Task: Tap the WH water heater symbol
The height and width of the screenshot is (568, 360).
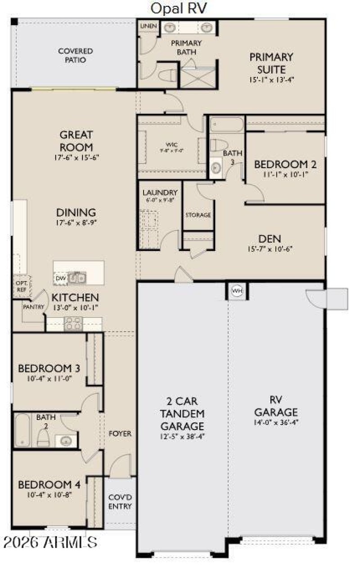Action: [x=237, y=291]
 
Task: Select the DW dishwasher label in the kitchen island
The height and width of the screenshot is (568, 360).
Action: [x=61, y=279]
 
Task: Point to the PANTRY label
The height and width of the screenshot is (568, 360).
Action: [x=34, y=307]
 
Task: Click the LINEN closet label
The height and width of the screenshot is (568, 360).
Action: [x=148, y=27]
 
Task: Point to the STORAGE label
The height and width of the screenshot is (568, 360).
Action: [x=198, y=215]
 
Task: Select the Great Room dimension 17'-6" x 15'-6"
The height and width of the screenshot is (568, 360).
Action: [x=76, y=158]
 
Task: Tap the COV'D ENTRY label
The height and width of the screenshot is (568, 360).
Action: [x=120, y=502]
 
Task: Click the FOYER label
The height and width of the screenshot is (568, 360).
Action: [x=120, y=434]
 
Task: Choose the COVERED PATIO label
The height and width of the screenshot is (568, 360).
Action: [x=76, y=55]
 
